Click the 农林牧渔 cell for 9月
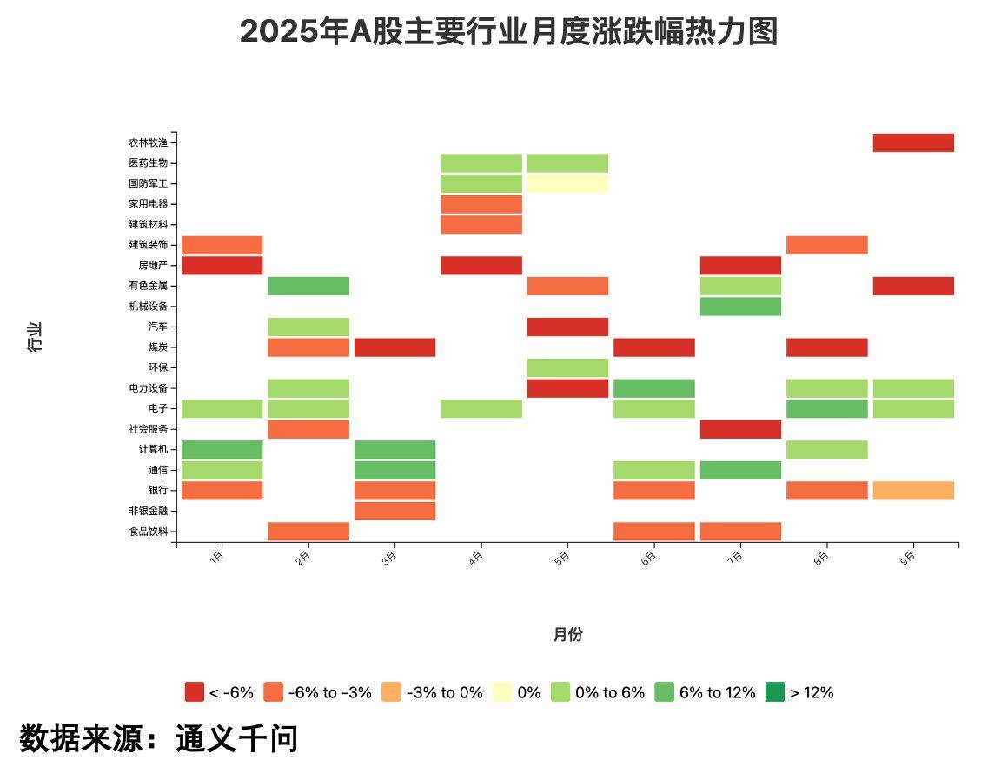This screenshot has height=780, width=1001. click(913, 142)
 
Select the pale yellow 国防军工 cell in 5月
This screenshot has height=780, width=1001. click(567, 183)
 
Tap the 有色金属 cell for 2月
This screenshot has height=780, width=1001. click(308, 286)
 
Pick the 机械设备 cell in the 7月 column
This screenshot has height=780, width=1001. click(740, 307)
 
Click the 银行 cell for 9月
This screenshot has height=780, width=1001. click(913, 491)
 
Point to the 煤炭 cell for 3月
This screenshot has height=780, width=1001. click(394, 347)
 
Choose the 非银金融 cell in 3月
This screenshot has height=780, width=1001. click(394, 511)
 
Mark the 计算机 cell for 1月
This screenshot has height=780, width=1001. click(222, 449)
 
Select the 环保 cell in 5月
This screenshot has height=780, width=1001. click(567, 367)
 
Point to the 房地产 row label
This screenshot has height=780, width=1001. click(152, 266)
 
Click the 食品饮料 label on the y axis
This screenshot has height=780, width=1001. click(148, 532)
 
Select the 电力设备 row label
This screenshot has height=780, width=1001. click(148, 388)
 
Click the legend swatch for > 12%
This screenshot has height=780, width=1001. click(774, 692)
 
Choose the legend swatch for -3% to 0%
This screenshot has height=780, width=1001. click(391, 692)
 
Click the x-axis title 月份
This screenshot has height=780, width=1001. click(567, 634)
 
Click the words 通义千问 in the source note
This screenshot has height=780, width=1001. click(236, 738)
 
